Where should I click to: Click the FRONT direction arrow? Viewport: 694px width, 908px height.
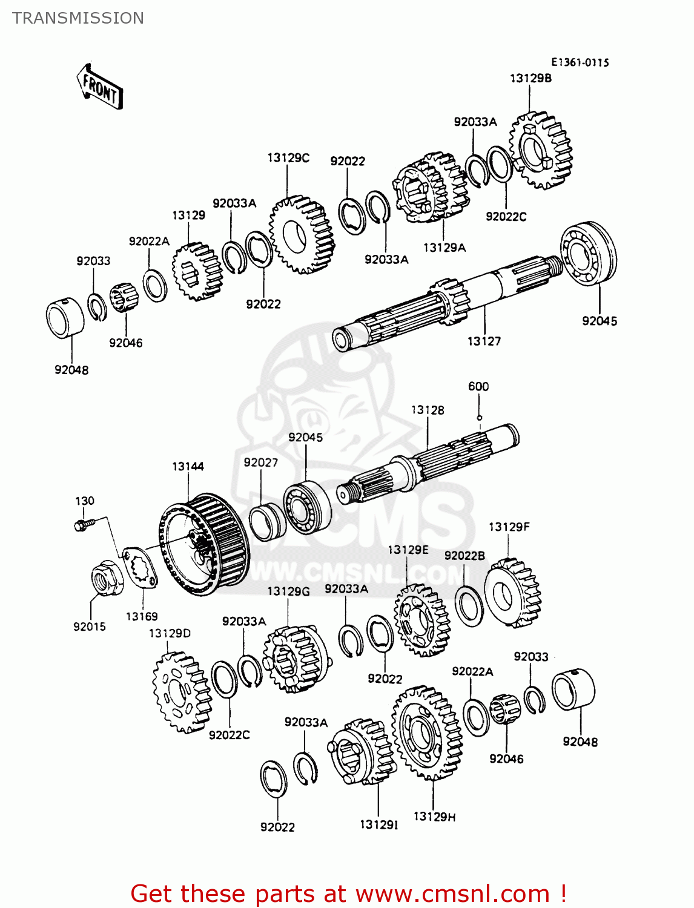[x=100, y=87]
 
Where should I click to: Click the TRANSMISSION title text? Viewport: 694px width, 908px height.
[x=78, y=18]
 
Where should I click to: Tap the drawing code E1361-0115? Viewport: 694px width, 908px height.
[x=580, y=62]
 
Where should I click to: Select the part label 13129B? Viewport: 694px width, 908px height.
[x=530, y=78]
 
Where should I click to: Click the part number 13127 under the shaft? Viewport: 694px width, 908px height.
[x=484, y=341]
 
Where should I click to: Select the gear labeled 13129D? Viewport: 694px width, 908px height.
[x=181, y=692]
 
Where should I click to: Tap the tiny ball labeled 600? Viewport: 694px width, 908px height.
[x=479, y=417]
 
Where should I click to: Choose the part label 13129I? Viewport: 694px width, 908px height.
[x=378, y=824]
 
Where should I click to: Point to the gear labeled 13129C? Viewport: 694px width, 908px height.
[x=302, y=234]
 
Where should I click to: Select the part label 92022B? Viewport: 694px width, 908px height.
[x=464, y=556]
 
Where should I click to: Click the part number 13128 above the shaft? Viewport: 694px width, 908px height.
[x=428, y=410]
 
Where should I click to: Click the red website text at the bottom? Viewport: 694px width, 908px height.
[x=348, y=893]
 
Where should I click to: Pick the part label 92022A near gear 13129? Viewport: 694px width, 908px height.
[x=149, y=241]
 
